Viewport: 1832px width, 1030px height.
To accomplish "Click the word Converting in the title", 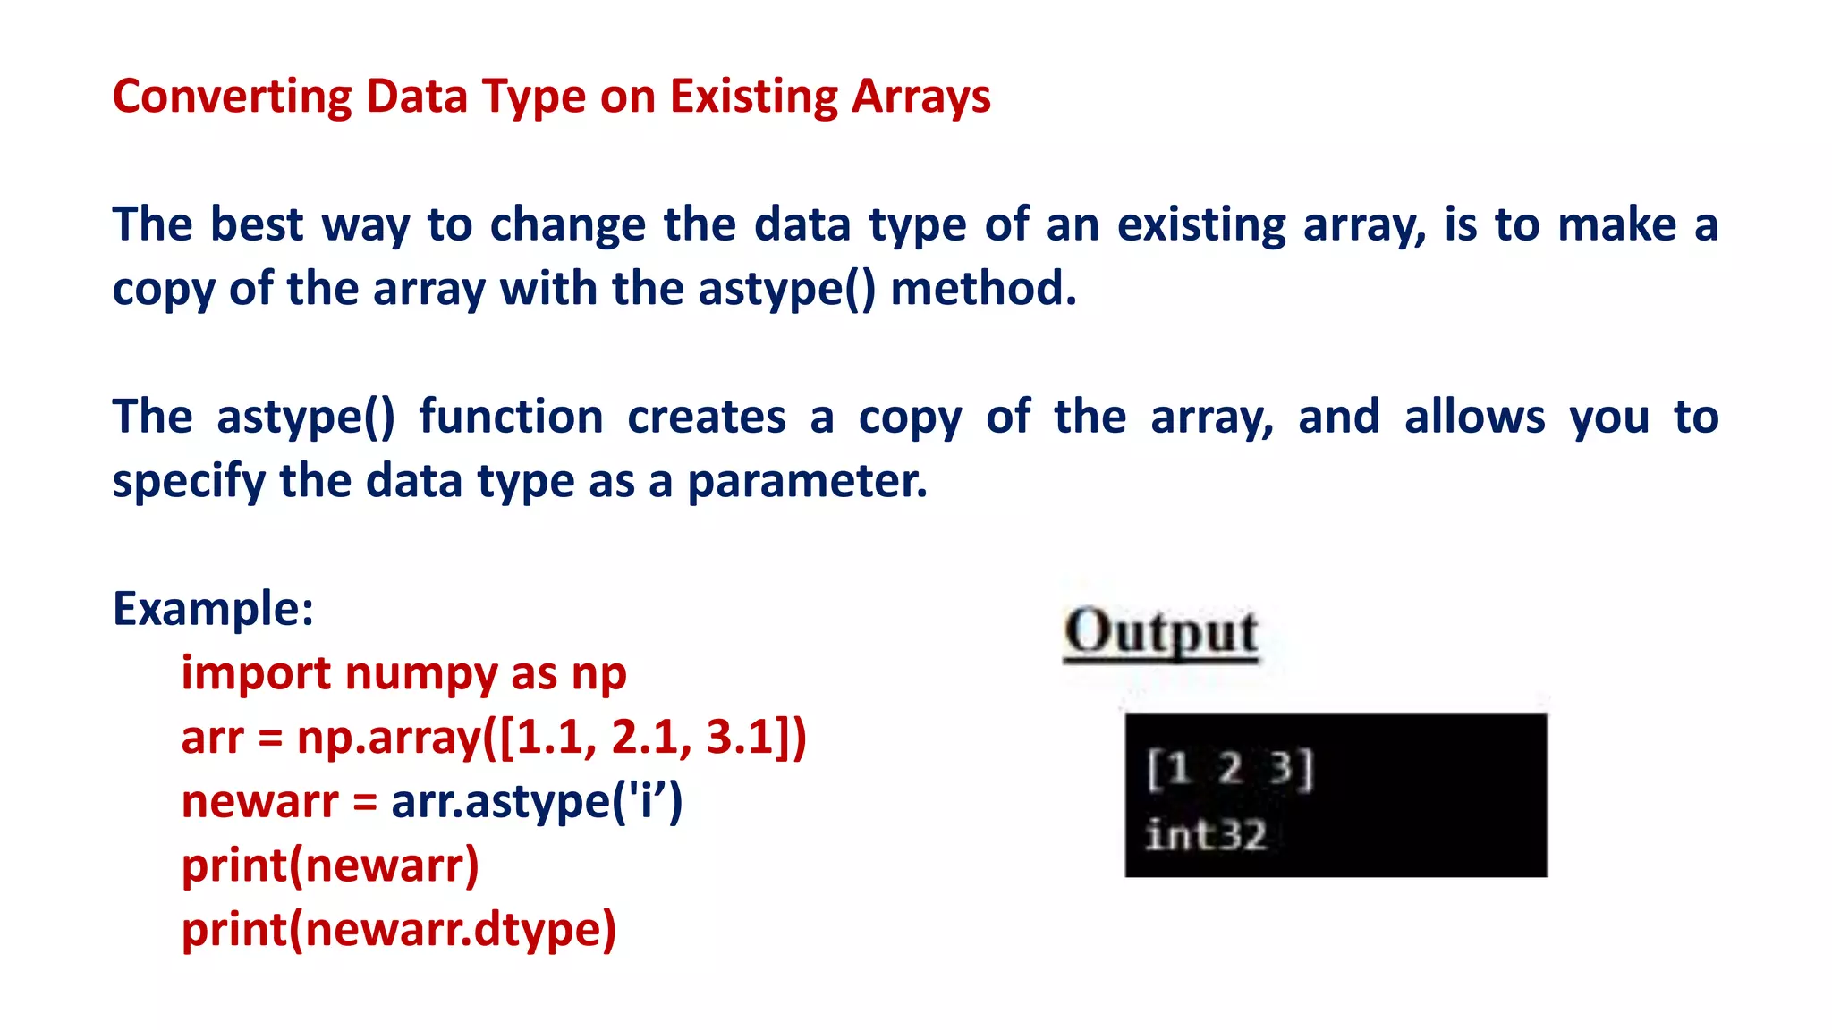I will (232, 97).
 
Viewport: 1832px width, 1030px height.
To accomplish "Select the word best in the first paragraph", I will (256, 224).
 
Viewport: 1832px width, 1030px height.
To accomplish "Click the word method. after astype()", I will (983, 288).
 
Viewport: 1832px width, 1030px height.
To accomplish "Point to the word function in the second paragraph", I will (511, 417).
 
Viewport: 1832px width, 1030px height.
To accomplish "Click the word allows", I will (1474, 417).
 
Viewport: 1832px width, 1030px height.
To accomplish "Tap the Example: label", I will (213, 609).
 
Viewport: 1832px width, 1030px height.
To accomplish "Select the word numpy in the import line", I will (420, 673).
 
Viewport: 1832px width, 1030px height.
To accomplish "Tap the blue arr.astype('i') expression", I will (537, 801).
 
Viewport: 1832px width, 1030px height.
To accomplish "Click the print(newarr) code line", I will (330, 865).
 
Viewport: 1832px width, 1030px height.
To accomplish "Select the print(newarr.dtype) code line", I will (399, 929).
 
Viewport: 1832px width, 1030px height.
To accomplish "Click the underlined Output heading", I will (1161, 633).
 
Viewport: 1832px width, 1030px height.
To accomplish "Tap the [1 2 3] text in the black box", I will (1230, 768).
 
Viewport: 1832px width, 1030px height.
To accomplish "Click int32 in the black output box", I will (1206, 835).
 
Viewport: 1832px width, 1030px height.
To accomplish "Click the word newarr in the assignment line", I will (259, 801).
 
